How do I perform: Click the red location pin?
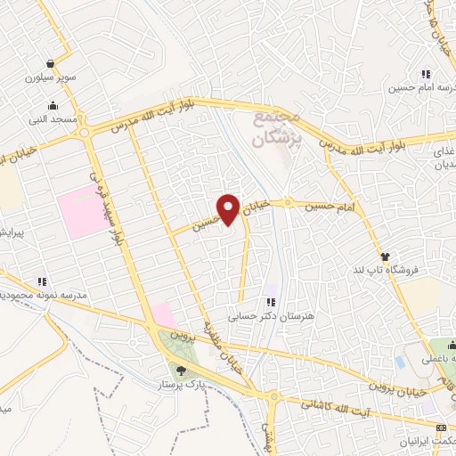coord(231,210)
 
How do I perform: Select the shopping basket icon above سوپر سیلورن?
coord(51,64)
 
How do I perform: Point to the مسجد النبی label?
coord(55,118)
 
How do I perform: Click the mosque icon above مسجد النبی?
coord(54,104)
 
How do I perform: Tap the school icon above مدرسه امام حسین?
coord(427,74)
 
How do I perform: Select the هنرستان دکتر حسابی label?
coord(269,316)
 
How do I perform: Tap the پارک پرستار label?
coord(178,386)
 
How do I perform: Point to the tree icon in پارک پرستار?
coord(183,371)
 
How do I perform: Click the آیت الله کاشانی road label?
coord(326,405)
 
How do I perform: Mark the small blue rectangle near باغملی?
coord(400,362)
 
